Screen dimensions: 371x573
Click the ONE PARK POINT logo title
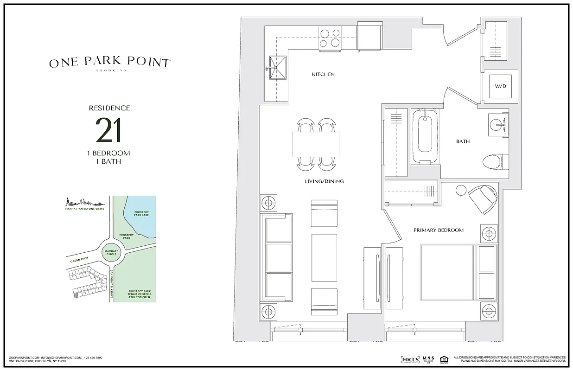[110, 63]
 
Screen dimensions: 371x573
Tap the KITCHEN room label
[323, 74]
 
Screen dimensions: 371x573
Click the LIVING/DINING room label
[325, 181]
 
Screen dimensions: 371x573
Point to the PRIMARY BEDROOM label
[438, 230]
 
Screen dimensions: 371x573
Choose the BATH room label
[463, 141]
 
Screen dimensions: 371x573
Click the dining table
[316, 144]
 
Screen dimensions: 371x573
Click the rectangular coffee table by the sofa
[325, 256]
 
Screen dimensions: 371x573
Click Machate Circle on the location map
[110, 253]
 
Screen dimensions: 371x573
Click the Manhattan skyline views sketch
[83, 203]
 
